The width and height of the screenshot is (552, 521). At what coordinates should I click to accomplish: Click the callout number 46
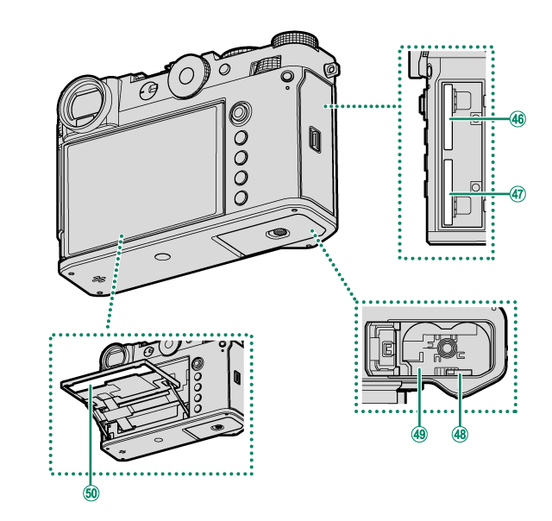517,120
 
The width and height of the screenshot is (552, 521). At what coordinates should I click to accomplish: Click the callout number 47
517,194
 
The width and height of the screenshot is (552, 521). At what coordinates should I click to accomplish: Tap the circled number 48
459,435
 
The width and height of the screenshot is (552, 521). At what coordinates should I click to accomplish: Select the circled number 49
420,435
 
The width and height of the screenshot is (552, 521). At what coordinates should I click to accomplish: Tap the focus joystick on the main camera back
241,112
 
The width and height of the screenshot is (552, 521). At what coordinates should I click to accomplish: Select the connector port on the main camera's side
316,137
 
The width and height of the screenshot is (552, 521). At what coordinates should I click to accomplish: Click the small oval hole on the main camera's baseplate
162,257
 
